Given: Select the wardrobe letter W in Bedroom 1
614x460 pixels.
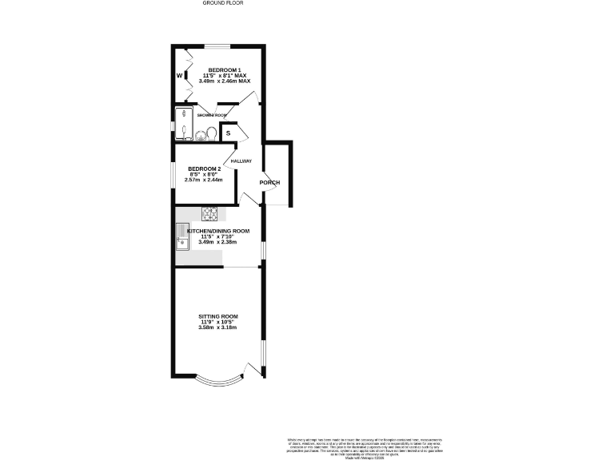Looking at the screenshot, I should click(180, 76).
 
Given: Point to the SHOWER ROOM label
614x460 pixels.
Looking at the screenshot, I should click(213, 116).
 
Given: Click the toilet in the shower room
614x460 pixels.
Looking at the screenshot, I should click(211, 133).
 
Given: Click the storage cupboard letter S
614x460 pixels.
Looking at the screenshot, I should click(228, 133).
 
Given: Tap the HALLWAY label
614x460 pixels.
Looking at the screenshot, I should click(241, 161).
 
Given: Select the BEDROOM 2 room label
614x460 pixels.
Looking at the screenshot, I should click(204, 169).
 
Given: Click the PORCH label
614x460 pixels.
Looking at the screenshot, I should click(269, 183).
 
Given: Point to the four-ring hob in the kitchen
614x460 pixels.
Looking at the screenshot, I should click(211, 213).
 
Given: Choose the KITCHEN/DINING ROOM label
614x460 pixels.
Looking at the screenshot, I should click(218, 231).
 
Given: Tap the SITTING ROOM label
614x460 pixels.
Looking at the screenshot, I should click(218, 316).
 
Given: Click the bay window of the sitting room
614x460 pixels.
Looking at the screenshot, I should click(217, 379).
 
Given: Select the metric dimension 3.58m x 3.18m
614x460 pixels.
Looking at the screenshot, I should click(218, 328).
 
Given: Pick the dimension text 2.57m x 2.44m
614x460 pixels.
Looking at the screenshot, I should click(204, 180).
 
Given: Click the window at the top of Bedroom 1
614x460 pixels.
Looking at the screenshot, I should click(215, 46).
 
